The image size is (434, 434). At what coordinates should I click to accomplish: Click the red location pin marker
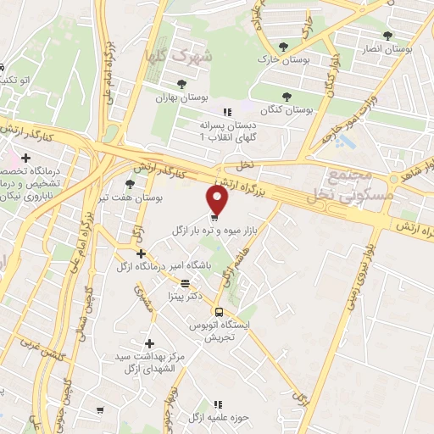point(218,200)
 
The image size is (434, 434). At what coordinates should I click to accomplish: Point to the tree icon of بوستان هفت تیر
point(129,183)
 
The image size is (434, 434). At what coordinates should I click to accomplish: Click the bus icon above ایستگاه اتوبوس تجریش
point(219,311)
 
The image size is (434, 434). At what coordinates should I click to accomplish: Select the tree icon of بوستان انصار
point(387,36)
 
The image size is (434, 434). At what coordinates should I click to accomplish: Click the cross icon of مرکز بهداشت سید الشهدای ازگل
point(150,343)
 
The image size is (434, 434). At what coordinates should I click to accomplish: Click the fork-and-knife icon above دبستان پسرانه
point(226,110)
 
